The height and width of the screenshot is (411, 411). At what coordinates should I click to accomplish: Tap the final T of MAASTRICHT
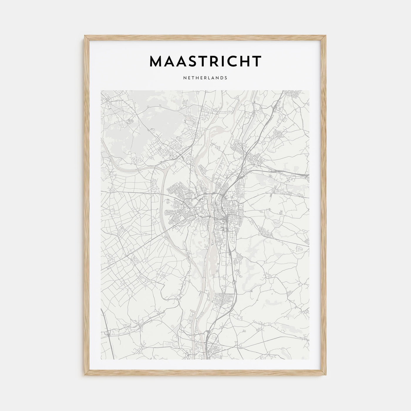pos(257,61)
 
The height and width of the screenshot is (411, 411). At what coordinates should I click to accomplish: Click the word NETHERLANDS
pos(205,78)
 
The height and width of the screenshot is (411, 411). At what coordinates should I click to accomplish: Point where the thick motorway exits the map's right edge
pos(308,175)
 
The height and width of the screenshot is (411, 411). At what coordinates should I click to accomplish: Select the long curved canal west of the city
pos(164,206)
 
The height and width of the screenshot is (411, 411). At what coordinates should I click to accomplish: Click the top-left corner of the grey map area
pos(101,90)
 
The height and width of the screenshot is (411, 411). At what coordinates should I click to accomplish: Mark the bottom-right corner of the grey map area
pos(309,360)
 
